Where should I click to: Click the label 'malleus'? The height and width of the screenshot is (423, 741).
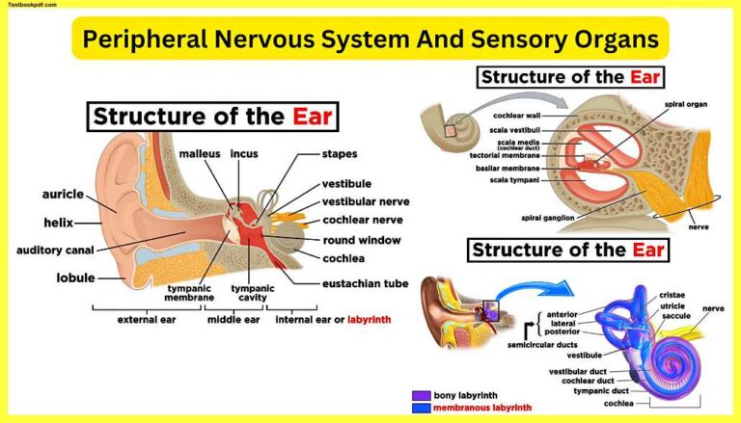coord(200,153)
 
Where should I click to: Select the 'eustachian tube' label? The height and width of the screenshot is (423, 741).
coord(365,283)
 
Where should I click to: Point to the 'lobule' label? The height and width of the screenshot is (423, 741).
coord(75,278)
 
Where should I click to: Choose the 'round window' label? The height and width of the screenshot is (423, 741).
coord(362,240)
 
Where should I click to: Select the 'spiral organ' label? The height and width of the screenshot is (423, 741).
coord(695,105)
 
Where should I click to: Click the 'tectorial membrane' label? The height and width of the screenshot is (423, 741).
coord(504,154)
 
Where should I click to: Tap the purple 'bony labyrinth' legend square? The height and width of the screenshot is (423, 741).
coord(419,395)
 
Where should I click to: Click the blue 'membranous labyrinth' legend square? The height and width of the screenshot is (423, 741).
coord(419,408)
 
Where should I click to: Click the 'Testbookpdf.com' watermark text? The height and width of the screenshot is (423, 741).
coord(36,7)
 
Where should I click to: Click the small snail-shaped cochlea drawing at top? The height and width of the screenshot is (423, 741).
coord(448,123)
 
